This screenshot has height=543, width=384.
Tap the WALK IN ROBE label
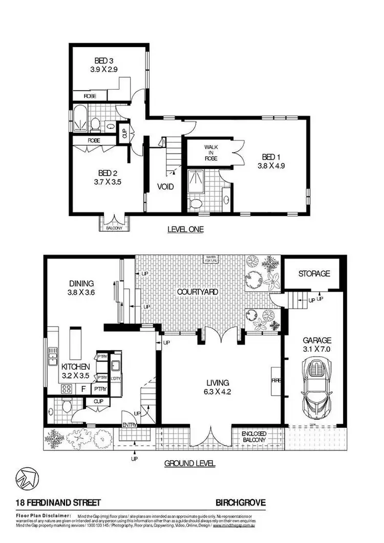[x=211, y=153]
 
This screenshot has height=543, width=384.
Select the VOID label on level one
[x=165, y=187]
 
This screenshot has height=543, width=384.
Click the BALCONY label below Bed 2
[x=115, y=228]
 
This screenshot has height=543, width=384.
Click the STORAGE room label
[x=314, y=274]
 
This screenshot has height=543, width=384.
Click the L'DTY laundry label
[x=116, y=379]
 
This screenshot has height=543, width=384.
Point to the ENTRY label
[x=129, y=425]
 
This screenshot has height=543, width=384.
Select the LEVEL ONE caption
[x=185, y=230]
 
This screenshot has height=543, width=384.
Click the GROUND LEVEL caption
[x=189, y=464]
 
